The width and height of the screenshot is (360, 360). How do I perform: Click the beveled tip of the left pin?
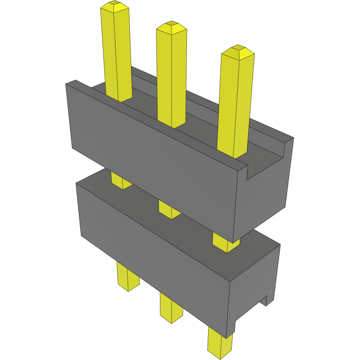pos(115,7)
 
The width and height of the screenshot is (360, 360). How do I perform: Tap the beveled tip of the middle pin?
pos(172,27)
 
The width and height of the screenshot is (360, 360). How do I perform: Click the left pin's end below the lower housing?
pos(127,277)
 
